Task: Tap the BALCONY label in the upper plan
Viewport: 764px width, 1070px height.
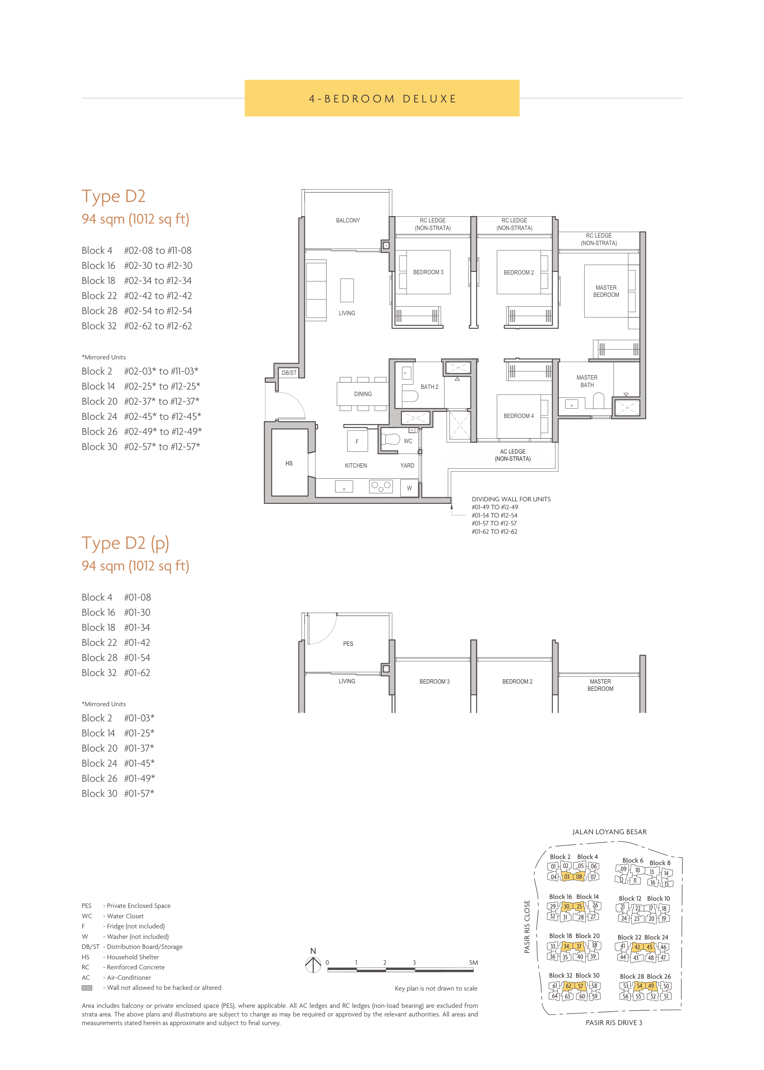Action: click(x=348, y=220)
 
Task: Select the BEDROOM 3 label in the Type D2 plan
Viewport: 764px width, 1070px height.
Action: click(x=428, y=272)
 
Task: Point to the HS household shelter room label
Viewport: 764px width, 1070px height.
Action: click(x=289, y=463)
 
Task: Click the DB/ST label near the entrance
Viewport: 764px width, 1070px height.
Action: click(x=289, y=373)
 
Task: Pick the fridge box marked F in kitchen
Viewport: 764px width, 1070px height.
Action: click(x=357, y=442)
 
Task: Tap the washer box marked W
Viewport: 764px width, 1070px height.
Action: click(x=409, y=488)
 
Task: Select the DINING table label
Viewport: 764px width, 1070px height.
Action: click(x=363, y=394)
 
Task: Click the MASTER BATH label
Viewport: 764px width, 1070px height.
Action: click(x=587, y=381)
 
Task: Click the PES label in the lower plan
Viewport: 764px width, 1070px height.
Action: click(x=348, y=643)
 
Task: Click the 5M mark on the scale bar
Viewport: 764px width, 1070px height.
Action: click(x=473, y=963)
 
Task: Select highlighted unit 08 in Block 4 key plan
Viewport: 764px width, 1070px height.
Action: click(x=579, y=877)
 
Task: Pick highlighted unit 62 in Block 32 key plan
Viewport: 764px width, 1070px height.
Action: click(x=568, y=986)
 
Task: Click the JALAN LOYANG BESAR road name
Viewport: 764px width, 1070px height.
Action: click(x=609, y=832)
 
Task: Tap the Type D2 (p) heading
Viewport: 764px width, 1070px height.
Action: click(x=125, y=543)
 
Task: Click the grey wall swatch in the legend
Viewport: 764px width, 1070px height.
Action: click(x=87, y=988)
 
